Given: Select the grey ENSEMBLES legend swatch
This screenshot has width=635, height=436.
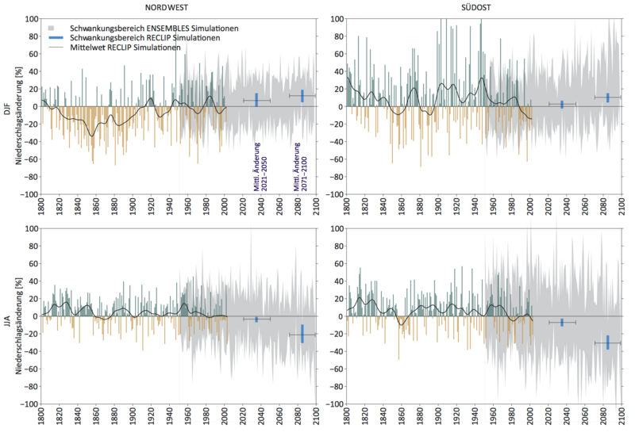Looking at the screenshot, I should tap(53, 28).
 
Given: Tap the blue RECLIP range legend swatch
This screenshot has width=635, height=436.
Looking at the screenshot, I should tap(53, 37).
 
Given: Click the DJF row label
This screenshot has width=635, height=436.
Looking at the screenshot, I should tap(6, 107).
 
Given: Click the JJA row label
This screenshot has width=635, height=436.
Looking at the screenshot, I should tap(6, 317).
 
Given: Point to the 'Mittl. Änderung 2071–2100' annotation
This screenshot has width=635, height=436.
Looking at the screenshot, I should tap(301, 167).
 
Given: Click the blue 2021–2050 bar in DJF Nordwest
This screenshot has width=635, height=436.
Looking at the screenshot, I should tap(256, 100).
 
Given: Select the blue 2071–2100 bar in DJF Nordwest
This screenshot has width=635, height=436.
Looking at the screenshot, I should tap(302, 96).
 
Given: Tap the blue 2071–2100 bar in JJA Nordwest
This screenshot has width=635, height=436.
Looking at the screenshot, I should tap(302, 334).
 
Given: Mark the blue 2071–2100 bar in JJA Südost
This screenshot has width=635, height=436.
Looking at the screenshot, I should tap(608, 342).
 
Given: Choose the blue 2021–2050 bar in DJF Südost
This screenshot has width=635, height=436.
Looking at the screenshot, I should tap(562, 105).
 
